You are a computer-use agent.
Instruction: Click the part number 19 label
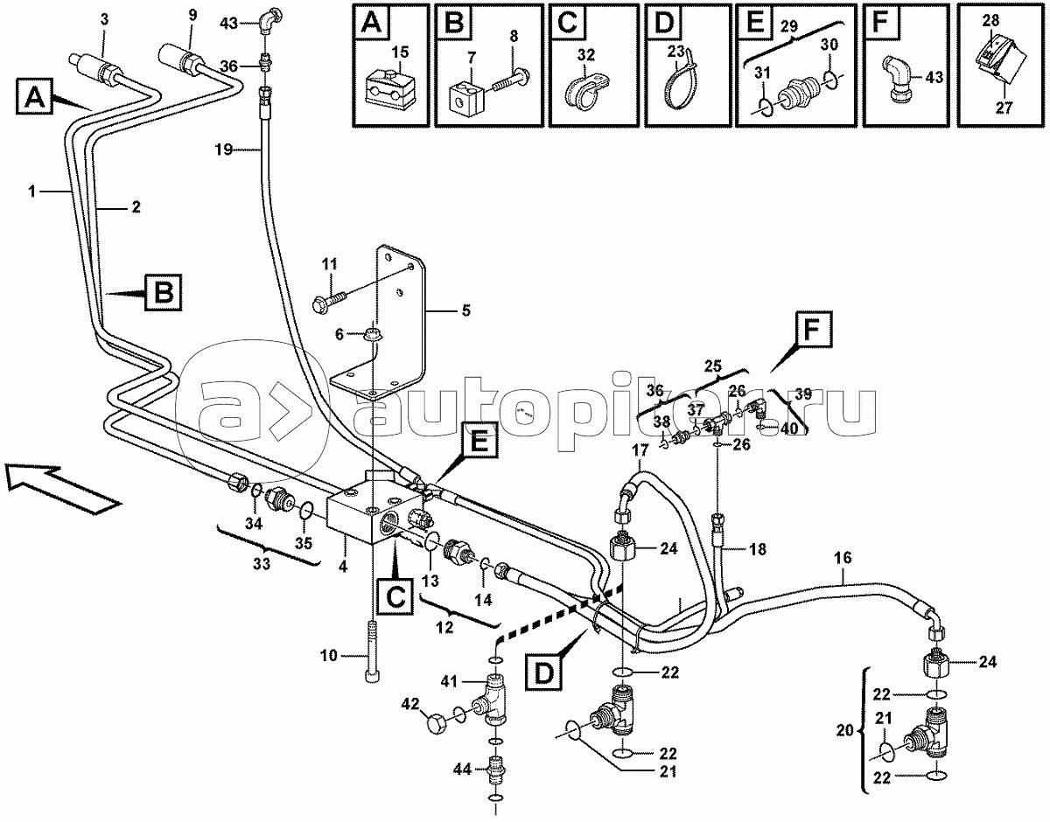point(223,150)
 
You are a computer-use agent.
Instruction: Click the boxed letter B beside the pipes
point(163,292)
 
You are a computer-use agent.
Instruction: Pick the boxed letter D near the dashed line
point(544,672)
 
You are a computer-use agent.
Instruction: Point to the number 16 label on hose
point(843,558)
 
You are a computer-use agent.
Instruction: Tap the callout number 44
point(461,769)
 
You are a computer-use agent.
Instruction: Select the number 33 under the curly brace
point(262,563)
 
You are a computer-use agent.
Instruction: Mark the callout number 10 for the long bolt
point(328,656)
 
